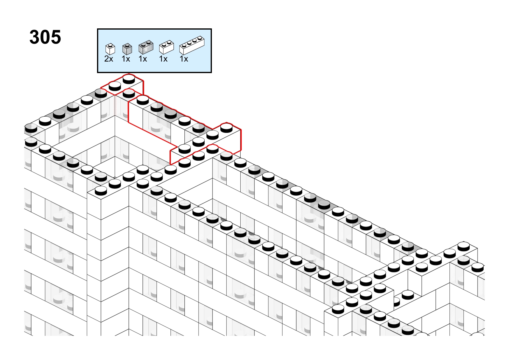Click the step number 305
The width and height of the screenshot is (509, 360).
tap(45, 37)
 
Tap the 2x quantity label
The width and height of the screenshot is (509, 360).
tap(109, 59)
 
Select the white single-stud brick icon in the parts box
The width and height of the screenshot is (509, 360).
tap(110, 49)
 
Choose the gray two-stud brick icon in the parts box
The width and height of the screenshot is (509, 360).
tap(146, 47)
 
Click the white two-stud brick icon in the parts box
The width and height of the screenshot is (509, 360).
tap(167, 47)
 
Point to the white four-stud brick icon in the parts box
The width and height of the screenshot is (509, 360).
tap(192, 45)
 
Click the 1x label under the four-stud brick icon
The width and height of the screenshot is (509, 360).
tap(184, 59)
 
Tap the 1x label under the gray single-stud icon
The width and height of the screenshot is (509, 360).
tap(126, 59)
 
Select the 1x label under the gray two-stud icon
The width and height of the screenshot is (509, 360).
tap(143, 59)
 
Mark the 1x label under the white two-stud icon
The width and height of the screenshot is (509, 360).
tap(163, 59)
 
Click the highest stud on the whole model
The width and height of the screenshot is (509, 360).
tap(129, 79)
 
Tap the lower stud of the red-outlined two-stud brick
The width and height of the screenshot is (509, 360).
tap(115, 86)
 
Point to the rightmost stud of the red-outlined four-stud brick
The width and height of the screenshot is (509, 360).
tap(227, 128)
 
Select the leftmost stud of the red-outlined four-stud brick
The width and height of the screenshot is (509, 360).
tap(184, 149)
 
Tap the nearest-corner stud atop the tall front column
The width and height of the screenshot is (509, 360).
tap(101, 191)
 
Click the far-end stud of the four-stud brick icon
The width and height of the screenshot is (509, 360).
tap(199, 38)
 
